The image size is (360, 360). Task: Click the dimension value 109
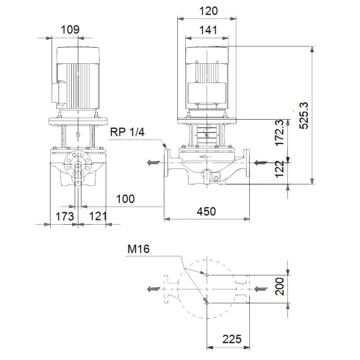point(71,30)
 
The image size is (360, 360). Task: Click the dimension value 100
point(126,198)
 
